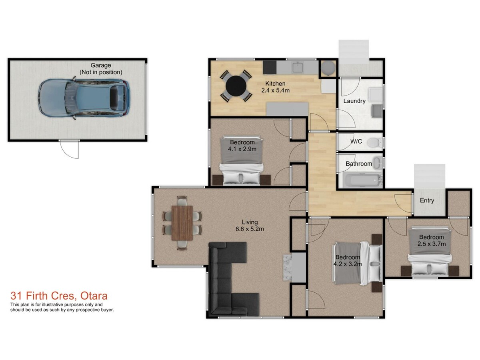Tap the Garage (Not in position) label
pos(100,69)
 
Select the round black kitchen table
pos(236,86)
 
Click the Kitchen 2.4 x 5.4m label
pos(275,87)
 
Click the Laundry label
pos(354,101)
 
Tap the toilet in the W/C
pos(374,142)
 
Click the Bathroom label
pos(359,164)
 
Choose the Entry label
pos(427,200)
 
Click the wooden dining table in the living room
pos(182,223)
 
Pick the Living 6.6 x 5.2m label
pos(250,226)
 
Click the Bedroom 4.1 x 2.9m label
pos(242,146)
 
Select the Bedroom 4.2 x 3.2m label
pos(347,260)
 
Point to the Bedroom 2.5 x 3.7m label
pos(432,240)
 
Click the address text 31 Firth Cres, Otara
pos(59,296)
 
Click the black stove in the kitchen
pos(270,68)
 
